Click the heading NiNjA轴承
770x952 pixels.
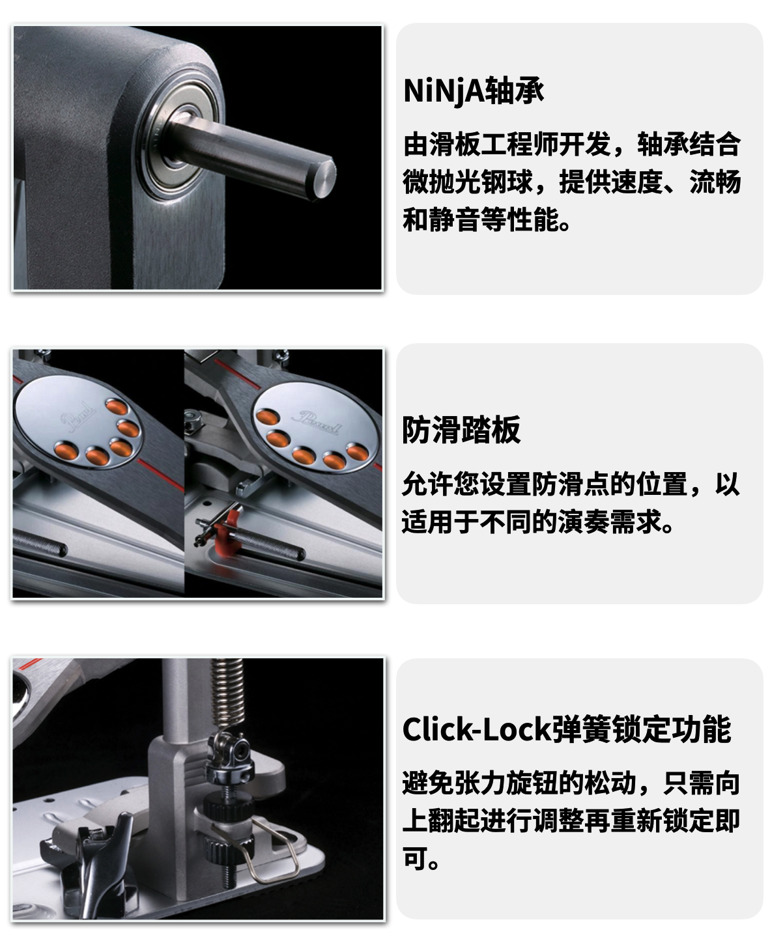pyautogui.click(x=474, y=91)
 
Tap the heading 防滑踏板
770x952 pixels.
pyautogui.click(x=461, y=430)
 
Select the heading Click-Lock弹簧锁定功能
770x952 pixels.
pyautogui.click(x=567, y=729)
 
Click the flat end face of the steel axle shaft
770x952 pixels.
pyautogui.click(x=324, y=179)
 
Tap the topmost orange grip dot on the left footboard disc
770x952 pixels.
pyautogui.click(x=117, y=407)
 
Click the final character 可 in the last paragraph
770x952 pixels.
pyautogui.click(x=414, y=858)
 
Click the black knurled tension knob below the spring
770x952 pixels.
pyautogui.click(x=228, y=804)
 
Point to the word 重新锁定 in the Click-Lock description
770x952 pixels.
pyautogui.click(x=662, y=820)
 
